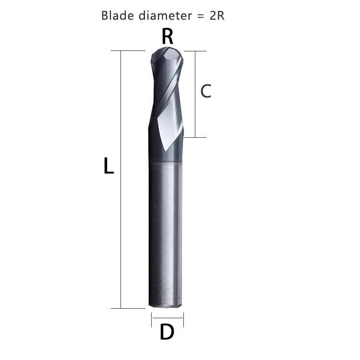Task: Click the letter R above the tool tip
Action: click(x=168, y=36)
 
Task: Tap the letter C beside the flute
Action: click(x=206, y=91)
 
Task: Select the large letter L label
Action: click(x=108, y=167)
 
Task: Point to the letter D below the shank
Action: click(x=167, y=332)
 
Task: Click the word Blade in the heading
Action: click(x=116, y=15)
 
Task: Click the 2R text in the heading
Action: click(x=217, y=15)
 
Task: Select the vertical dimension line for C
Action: click(x=195, y=94)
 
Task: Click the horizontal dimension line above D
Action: click(x=168, y=317)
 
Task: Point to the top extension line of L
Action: click(x=128, y=50)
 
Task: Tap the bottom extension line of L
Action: click(x=128, y=308)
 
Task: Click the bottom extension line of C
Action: click(x=195, y=137)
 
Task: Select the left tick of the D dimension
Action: click(x=152, y=318)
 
